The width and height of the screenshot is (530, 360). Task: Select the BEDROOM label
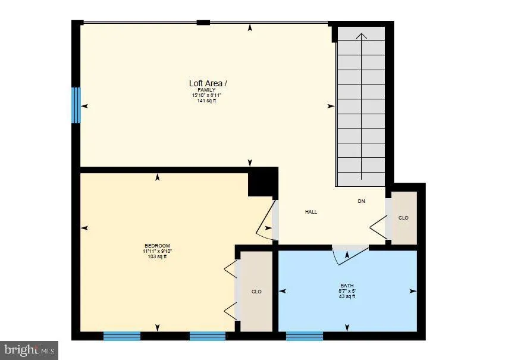click(157, 246)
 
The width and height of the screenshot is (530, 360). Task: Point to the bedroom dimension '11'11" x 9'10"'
click(157, 251)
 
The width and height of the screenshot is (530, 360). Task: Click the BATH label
click(347, 286)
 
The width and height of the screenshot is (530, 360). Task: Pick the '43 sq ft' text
click(347, 296)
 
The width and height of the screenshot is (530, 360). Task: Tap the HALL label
click(311, 212)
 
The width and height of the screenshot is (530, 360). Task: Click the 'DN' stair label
click(361, 201)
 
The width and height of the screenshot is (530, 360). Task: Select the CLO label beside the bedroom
click(256, 292)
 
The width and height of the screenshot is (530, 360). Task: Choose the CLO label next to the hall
click(403, 218)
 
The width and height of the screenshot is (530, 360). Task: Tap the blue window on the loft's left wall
click(76, 105)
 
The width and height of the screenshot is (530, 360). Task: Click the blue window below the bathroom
click(304, 336)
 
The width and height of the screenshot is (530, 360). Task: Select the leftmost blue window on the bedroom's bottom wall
click(121, 336)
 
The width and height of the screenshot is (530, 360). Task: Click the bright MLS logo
click(29, 350)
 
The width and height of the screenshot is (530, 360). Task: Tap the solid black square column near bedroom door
click(262, 182)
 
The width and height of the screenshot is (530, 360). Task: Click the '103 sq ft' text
click(157, 256)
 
